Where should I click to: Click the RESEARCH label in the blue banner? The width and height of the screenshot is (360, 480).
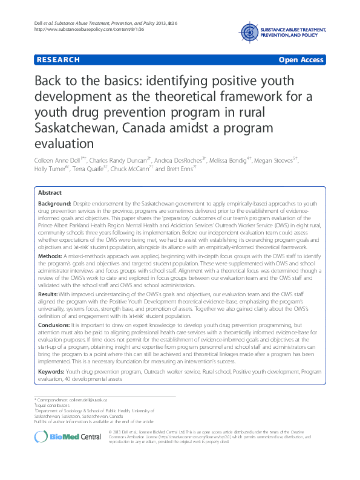point(57,59)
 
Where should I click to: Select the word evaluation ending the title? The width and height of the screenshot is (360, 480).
point(64,143)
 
